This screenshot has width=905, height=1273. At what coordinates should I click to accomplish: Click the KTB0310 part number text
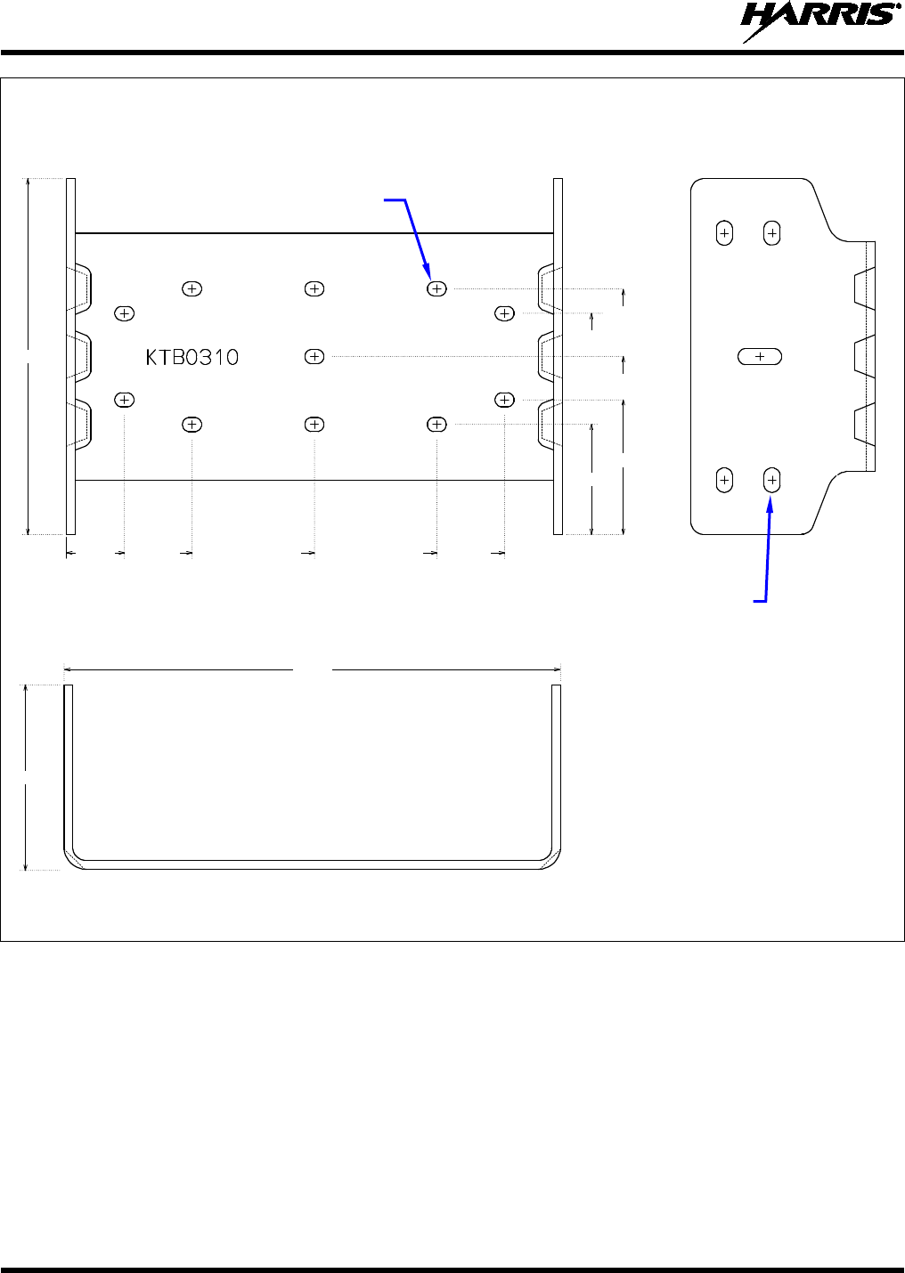192,357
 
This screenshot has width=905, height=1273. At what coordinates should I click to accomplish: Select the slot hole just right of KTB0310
314,356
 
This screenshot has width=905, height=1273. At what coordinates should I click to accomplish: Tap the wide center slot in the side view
760,356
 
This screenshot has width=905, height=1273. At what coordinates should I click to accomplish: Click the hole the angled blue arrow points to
436,288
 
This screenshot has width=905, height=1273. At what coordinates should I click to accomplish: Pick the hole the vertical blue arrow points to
772,481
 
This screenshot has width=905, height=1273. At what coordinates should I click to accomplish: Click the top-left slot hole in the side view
724,233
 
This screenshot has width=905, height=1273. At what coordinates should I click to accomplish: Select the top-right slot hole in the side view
772,233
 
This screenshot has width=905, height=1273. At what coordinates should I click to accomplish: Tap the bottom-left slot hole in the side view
724,481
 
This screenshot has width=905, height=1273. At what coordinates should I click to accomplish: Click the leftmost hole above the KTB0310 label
125,313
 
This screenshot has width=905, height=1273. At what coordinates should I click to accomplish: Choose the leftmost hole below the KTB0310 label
125,400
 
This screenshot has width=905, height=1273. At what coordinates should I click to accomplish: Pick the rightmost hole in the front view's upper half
505,313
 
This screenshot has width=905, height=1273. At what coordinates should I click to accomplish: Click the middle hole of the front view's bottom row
314,425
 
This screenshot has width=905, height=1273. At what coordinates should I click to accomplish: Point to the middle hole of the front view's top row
314,288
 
